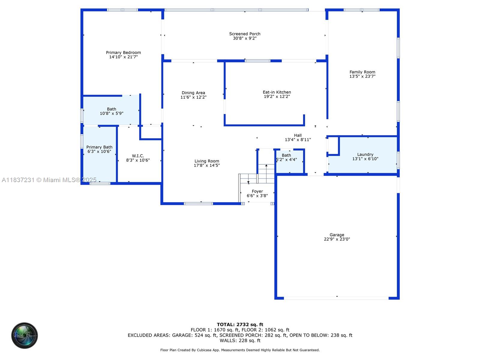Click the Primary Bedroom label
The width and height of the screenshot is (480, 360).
pyautogui.click(x=123, y=52)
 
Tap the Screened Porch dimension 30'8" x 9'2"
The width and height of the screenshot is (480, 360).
pyautogui.click(x=245, y=38)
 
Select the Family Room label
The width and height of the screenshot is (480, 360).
pyautogui.click(x=362, y=72)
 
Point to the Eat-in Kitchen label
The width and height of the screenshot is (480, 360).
pyautogui.click(x=277, y=92)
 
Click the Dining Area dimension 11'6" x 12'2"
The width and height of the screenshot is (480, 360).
pyautogui.click(x=193, y=97)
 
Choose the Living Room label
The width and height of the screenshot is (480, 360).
pyautogui.click(x=207, y=161)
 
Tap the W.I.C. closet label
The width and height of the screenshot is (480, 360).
pyautogui.click(x=138, y=156)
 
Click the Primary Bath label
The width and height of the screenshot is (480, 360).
pyautogui.click(x=99, y=147)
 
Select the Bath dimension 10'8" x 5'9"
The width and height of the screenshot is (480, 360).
pyautogui.click(x=112, y=113)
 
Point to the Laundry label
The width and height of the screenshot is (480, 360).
pyautogui.click(x=365, y=154)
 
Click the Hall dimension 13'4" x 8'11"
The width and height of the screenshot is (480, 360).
pyautogui.click(x=298, y=140)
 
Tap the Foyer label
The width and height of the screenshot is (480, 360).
pyautogui.click(x=257, y=191)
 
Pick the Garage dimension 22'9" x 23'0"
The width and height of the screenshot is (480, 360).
pyautogui.click(x=337, y=239)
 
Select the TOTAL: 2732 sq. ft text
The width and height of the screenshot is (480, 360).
pyautogui.click(x=240, y=325)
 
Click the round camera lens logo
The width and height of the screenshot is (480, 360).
pyautogui.click(x=25, y=335)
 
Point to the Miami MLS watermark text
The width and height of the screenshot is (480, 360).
pyautogui.click(x=49, y=180)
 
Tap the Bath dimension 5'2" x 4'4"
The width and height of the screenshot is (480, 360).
pyautogui.click(x=286, y=160)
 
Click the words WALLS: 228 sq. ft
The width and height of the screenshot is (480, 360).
pyautogui.click(x=240, y=340)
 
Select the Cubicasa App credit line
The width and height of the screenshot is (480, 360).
pyautogui.click(x=240, y=350)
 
